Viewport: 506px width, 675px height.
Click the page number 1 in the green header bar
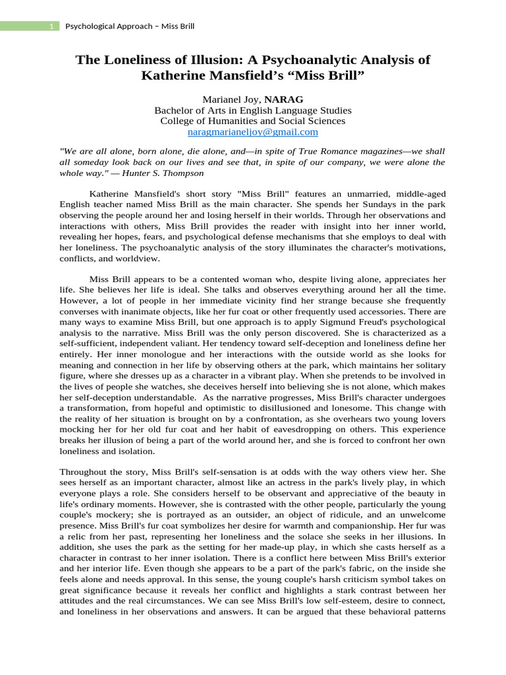(51, 26)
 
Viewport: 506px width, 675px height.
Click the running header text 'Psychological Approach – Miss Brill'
(130, 26)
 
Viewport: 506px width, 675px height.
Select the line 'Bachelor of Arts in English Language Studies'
(252, 110)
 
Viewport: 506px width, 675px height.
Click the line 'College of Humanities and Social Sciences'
(252, 121)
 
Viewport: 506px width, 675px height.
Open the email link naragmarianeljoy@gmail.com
(252, 131)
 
